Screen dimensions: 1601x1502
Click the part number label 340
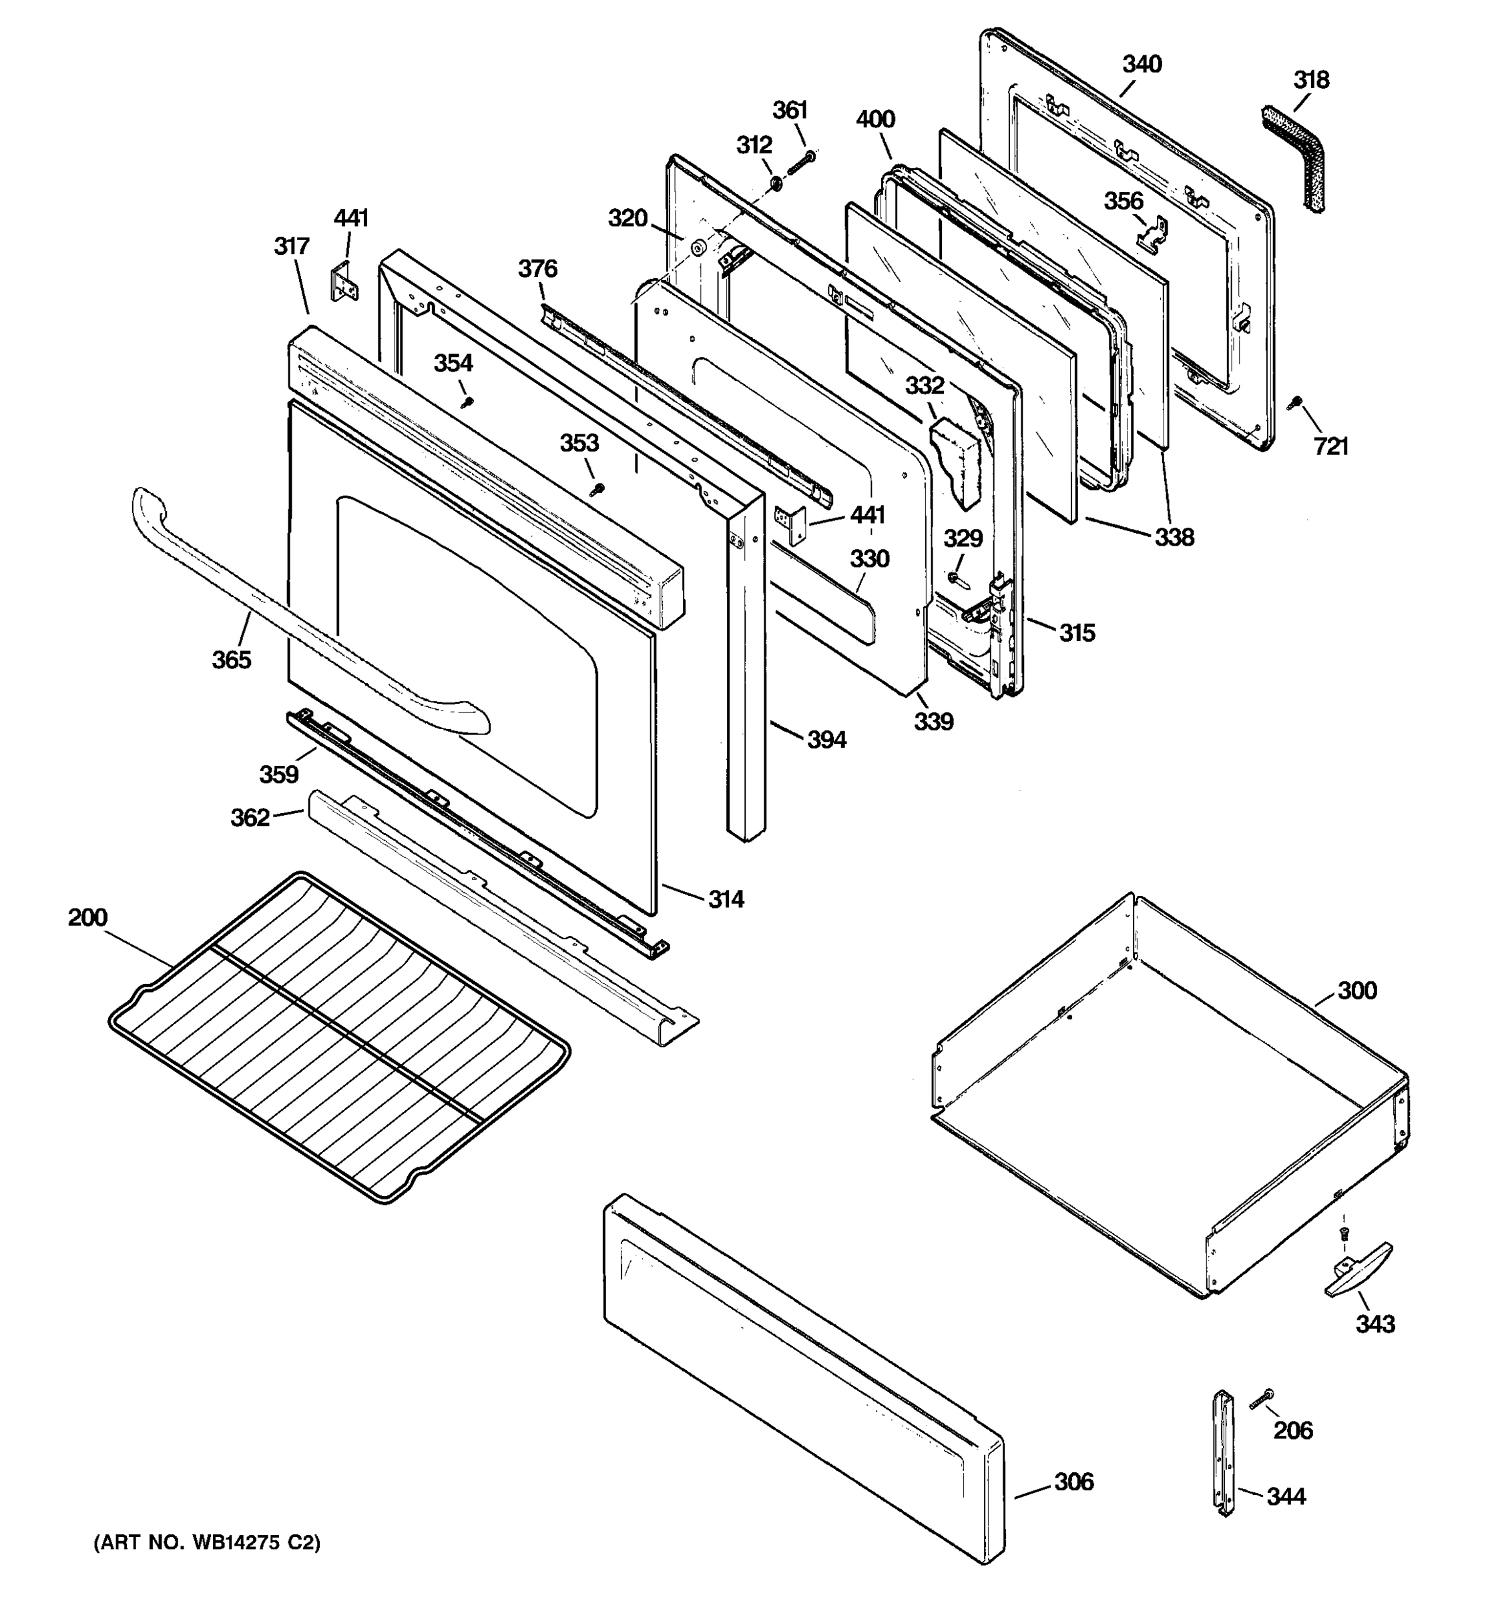(1142, 65)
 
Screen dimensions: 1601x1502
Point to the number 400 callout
(875, 119)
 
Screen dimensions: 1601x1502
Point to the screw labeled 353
(596, 487)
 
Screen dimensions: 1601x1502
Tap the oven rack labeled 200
(338, 1039)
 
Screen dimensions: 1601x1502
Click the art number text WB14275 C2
(208, 1542)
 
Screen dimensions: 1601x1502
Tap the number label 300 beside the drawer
(1357, 991)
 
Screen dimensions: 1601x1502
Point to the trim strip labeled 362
(499, 918)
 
